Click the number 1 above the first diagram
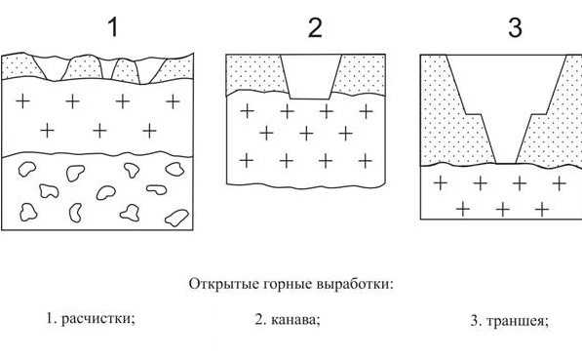point(113,27)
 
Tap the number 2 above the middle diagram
point(314,27)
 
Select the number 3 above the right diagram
point(515,27)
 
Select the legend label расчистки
point(96,318)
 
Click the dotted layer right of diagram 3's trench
point(556,112)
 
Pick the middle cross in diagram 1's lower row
point(98,130)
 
